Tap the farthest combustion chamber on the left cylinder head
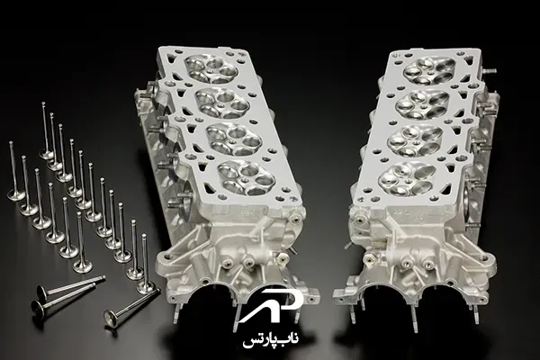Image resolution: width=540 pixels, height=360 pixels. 211,69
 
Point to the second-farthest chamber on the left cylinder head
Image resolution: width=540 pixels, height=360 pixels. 222,103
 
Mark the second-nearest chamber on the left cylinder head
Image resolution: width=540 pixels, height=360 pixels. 234,138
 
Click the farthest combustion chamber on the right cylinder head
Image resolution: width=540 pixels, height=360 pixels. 429,71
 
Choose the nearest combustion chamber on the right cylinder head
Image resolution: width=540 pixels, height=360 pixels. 408,178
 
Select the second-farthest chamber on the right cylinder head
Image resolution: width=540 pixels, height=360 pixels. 423,104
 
